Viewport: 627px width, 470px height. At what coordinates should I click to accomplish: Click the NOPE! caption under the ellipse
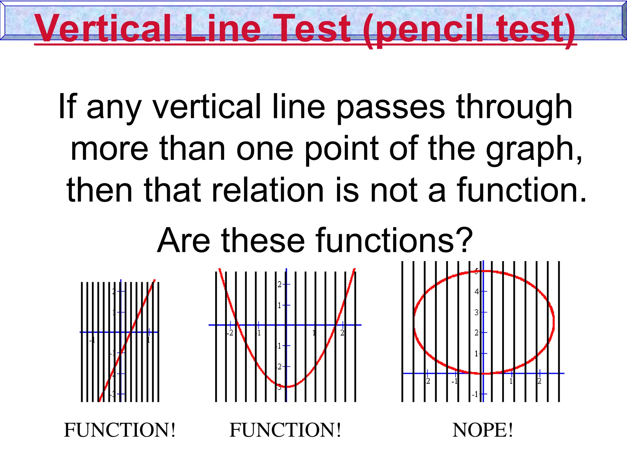pyautogui.click(x=482, y=430)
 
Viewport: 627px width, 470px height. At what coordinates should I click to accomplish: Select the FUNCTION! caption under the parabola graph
pyautogui.click(x=285, y=430)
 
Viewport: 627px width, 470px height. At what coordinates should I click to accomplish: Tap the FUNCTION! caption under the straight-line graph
pyautogui.click(x=120, y=430)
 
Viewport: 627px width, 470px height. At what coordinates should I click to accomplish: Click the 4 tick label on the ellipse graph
pyautogui.click(x=477, y=292)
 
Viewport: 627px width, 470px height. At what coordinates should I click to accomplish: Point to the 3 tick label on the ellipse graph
pyautogui.click(x=477, y=312)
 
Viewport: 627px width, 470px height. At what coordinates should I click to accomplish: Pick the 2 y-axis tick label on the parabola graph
pyautogui.click(x=279, y=285)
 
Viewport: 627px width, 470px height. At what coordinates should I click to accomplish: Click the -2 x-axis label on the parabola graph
pyautogui.click(x=230, y=333)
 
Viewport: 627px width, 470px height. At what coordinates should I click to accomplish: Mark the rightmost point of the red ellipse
pyautogui.click(x=554, y=321)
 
